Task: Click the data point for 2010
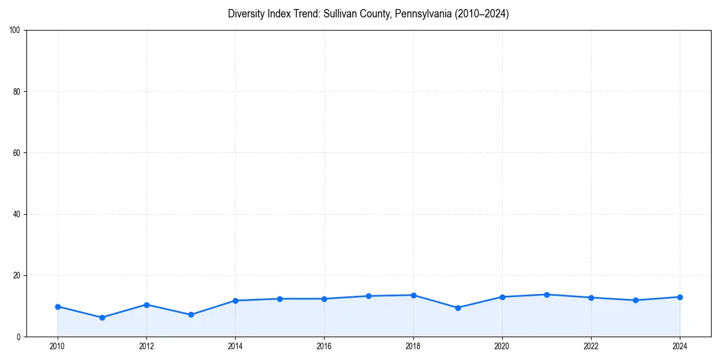tap(58, 307)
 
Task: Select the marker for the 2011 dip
tap(102, 317)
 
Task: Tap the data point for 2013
tap(191, 314)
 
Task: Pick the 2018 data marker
tap(413, 295)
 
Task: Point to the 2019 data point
tap(458, 308)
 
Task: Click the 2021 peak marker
tap(547, 295)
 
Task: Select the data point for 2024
tap(680, 297)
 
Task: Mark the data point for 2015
tap(280, 299)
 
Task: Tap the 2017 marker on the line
tap(368, 296)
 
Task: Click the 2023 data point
tap(635, 300)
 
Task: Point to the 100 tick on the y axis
tap(15, 30)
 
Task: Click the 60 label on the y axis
tap(17, 153)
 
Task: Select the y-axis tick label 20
tap(17, 275)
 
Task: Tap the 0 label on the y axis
tap(19, 337)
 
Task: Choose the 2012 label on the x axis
tap(146, 346)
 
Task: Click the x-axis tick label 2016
tap(324, 346)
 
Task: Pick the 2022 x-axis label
tap(591, 346)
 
